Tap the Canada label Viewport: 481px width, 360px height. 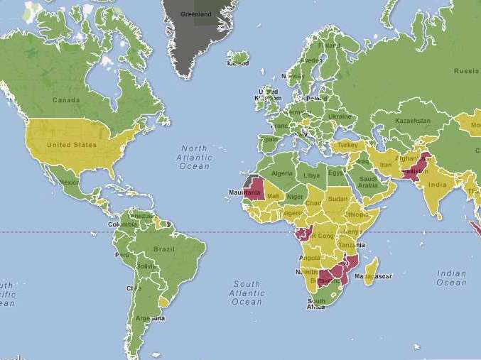point(65,100)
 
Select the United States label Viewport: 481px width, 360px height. point(71,145)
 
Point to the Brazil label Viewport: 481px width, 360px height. point(164,249)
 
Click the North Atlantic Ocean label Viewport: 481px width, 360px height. point(194,158)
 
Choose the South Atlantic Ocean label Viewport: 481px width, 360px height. point(247,293)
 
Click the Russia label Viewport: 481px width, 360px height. point(466,71)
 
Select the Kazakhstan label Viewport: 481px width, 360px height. point(413,121)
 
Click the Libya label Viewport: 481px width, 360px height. point(311,175)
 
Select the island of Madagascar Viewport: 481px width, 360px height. point(371,273)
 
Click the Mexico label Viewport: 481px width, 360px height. point(69,182)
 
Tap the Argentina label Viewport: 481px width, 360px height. point(155,318)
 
